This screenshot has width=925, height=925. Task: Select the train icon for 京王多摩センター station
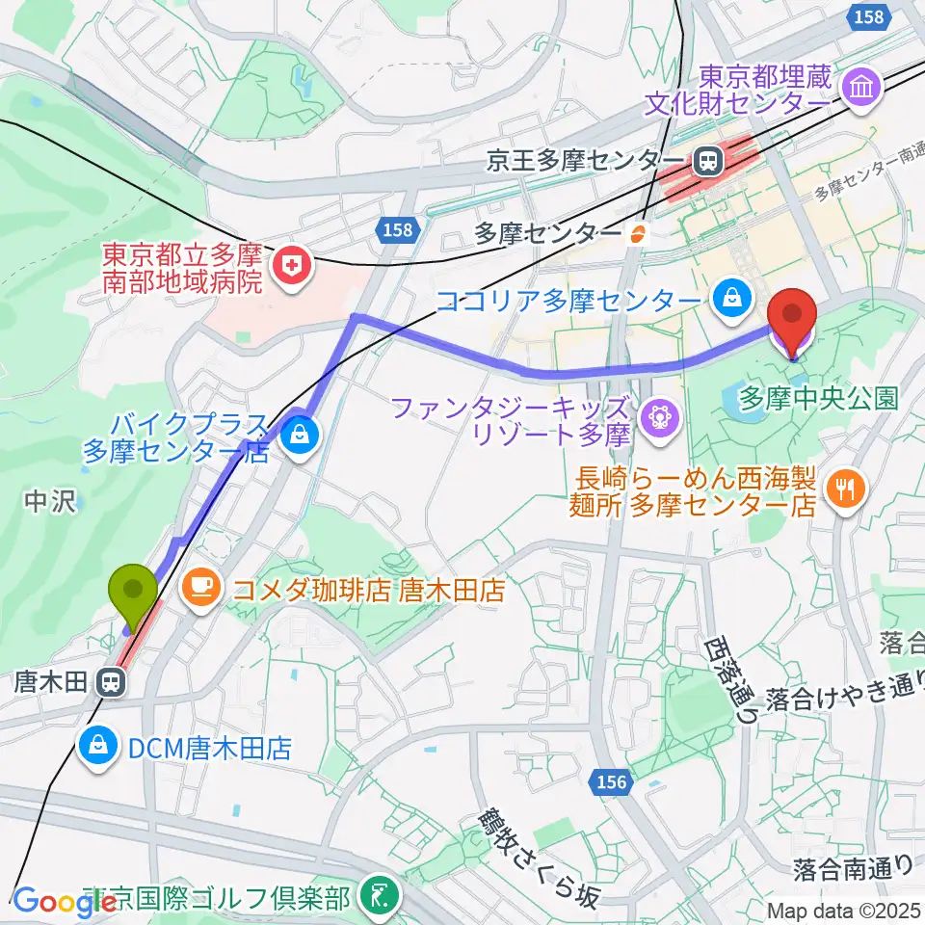click(x=708, y=159)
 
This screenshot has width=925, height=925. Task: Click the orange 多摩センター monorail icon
click(x=636, y=232)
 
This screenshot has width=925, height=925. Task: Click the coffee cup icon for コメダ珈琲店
click(x=200, y=585)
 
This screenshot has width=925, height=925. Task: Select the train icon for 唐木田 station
click(x=112, y=683)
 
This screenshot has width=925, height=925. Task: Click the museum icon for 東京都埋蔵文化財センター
click(x=860, y=88)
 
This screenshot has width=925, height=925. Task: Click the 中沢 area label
click(x=48, y=500)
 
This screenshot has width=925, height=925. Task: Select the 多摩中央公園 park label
click(x=819, y=396)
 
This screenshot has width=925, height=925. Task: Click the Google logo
click(x=58, y=902)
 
